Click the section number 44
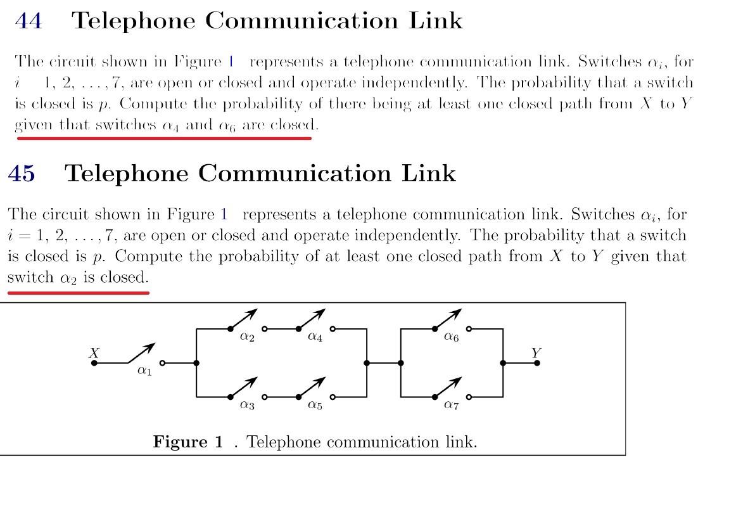coord(29,21)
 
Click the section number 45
coord(22,174)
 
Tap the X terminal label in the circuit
coord(94,353)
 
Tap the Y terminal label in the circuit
coord(536,353)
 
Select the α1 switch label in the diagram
coord(144,371)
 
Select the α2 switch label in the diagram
coord(247,337)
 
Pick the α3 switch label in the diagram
coord(247,405)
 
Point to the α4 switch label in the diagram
coord(315,337)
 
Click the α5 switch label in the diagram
coord(315,405)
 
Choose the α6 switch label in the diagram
coord(451,337)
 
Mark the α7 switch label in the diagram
coord(451,405)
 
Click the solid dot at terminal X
coord(94,363)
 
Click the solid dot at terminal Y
coord(536,363)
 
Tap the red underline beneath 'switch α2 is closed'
coord(79,293)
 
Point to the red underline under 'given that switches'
coord(164,138)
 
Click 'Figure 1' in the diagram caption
coord(188,442)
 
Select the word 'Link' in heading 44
coord(436,21)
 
